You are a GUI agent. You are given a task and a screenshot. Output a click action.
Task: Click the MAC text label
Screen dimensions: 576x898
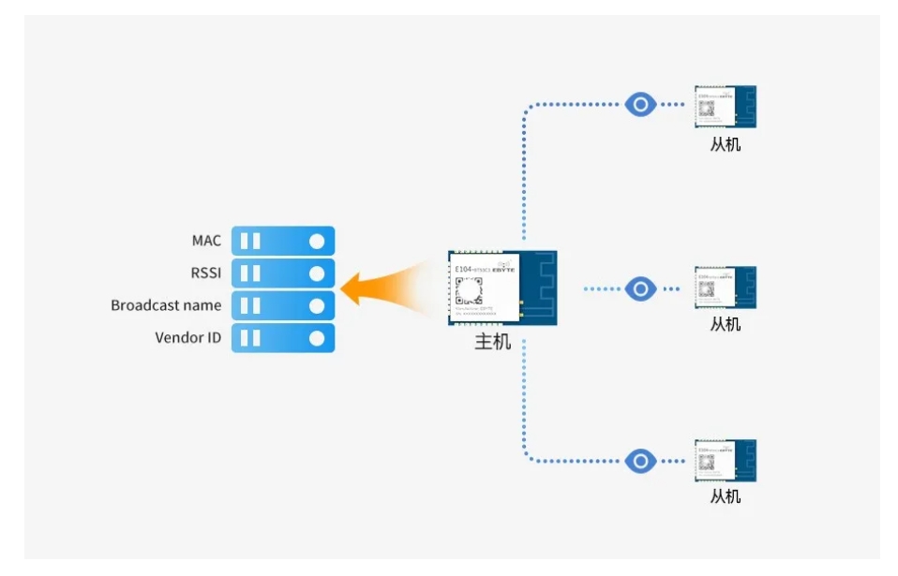point(206,241)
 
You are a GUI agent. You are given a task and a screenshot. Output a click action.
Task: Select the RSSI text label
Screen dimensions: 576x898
point(205,273)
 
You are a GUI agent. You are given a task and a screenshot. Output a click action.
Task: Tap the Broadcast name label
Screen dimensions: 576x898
point(166,305)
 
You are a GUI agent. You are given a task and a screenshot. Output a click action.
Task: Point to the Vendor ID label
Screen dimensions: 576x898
point(188,337)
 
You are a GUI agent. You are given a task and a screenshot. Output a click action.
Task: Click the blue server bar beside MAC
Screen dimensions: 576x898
point(282,242)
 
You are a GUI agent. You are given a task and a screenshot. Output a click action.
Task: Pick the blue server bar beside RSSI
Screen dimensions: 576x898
point(282,273)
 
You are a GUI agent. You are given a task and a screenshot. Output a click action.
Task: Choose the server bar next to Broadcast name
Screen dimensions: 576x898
point(282,305)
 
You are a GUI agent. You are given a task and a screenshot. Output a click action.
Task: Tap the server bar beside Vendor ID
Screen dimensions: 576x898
point(282,338)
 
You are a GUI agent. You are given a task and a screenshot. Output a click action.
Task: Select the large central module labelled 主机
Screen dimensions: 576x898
point(502,288)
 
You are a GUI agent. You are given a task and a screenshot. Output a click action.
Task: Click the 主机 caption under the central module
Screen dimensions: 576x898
point(493,342)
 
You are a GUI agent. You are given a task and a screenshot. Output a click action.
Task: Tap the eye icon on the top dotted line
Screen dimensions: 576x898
point(640,104)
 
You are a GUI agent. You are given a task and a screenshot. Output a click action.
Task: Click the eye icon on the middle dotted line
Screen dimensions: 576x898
point(640,288)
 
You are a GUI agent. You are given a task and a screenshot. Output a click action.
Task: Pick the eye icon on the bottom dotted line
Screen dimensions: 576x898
point(640,461)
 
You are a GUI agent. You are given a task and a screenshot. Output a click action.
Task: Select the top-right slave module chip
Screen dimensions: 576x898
point(726,107)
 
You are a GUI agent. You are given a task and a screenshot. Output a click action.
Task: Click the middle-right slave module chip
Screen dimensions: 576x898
point(726,288)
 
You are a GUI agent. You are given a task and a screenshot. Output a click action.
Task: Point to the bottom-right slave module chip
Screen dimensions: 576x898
point(726,461)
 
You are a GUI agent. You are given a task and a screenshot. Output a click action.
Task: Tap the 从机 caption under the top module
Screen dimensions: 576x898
point(726,144)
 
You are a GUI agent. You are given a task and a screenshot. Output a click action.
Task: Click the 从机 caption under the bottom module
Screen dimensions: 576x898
point(726,496)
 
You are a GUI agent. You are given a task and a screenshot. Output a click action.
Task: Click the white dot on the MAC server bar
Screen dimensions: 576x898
point(317,242)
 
